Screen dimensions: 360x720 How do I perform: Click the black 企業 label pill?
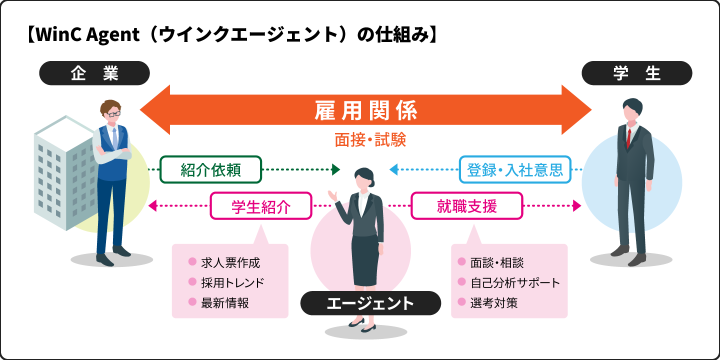pos(94,73)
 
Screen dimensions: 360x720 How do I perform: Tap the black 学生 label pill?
pos(636,73)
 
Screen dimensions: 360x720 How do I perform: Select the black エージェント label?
pos(370,303)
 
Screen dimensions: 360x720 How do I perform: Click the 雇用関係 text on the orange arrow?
pos(365,110)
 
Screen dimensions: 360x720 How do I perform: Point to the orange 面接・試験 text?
pos(370,140)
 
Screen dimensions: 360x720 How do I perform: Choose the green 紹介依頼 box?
pos(210,169)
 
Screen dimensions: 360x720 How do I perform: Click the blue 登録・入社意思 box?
pos(514,169)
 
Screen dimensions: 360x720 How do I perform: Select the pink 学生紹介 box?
pos(261,206)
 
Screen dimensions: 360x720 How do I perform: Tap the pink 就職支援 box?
pos(466,206)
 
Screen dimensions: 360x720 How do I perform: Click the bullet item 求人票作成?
pos(230,262)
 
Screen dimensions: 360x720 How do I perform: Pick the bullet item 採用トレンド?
pos(232,282)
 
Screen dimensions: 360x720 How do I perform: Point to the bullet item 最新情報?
pos(224,302)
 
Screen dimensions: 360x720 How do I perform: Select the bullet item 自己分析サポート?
pos(515,282)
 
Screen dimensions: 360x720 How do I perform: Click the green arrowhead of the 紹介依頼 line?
pos(336,169)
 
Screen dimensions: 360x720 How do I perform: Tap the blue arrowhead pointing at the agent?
pos(394,169)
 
